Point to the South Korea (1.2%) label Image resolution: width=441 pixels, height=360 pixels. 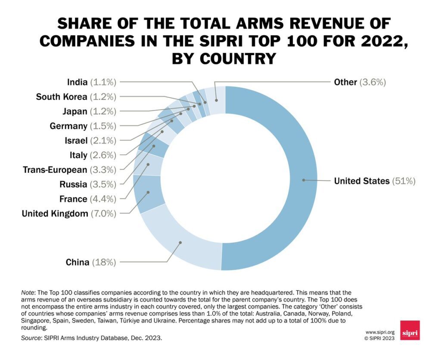click(x=76, y=97)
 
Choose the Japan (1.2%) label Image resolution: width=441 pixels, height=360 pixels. click(x=89, y=111)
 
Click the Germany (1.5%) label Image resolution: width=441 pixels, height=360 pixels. click(x=83, y=126)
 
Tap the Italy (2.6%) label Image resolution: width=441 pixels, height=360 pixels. click(x=93, y=155)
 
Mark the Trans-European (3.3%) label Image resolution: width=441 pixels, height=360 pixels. click(x=69, y=170)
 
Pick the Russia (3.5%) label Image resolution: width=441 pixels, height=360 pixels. click(x=88, y=185)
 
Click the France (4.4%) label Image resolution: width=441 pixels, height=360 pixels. click(x=88, y=199)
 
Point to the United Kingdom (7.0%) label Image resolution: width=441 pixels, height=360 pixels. click(x=69, y=213)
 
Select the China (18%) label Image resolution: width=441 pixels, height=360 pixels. click(x=90, y=262)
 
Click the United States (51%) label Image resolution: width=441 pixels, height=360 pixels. click(x=375, y=181)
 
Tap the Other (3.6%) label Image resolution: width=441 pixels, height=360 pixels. click(x=360, y=82)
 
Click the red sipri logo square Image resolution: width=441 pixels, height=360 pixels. click(x=410, y=330)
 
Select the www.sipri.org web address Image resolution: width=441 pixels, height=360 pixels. click(x=379, y=332)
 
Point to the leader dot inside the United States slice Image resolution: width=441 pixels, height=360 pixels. click(x=304, y=180)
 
